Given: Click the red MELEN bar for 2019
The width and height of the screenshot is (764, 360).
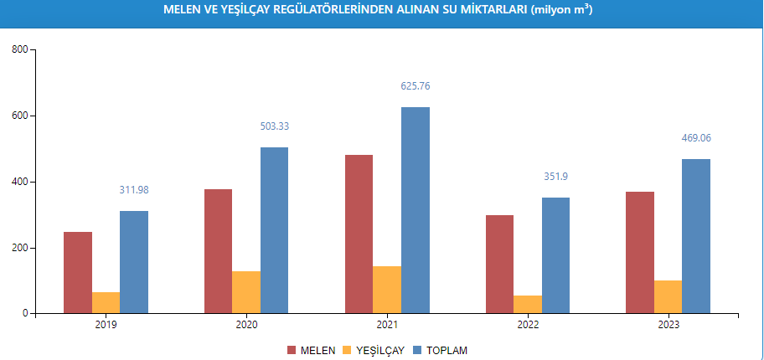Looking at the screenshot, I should click(x=78, y=272).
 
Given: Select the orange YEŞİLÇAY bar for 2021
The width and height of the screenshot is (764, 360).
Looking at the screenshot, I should click(x=387, y=290).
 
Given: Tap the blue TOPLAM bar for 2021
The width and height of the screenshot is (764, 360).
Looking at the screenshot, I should click(x=416, y=210).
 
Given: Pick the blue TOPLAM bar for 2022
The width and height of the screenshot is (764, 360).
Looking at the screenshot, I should click(x=555, y=255).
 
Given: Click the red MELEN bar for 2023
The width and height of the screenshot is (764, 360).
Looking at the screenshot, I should click(x=640, y=252).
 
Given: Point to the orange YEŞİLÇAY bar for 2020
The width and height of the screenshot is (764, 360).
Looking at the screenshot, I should click(x=246, y=292).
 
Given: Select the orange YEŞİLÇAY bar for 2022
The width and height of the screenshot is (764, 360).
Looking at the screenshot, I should click(x=528, y=304).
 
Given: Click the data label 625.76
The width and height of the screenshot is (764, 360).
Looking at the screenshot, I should click(x=416, y=86).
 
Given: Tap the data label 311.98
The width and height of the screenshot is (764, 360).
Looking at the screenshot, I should click(x=134, y=190).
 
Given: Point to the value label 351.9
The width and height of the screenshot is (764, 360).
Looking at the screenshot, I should click(x=555, y=177).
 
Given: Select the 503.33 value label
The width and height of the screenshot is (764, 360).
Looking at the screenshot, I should click(x=275, y=126).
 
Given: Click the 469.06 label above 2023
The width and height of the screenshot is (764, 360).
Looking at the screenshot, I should click(x=696, y=138).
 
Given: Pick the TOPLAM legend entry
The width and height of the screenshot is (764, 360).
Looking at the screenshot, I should click(x=445, y=350).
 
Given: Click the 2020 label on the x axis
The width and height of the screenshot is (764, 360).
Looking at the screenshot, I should click(x=246, y=325).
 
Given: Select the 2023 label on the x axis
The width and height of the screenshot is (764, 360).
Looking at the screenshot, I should click(x=668, y=325).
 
